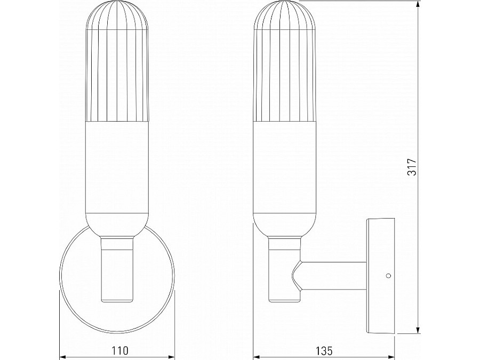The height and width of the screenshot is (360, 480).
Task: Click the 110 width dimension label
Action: (120, 350)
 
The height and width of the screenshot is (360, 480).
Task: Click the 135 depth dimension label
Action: (324, 350)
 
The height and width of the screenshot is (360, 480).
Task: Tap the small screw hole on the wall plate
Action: (388, 276)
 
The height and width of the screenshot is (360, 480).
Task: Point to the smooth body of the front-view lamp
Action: (116, 171)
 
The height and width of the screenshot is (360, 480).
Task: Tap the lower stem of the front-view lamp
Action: (116, 277)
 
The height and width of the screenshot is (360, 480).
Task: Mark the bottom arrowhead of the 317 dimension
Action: (417, 332)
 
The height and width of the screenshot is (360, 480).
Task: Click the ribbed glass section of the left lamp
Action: (116, 80)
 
